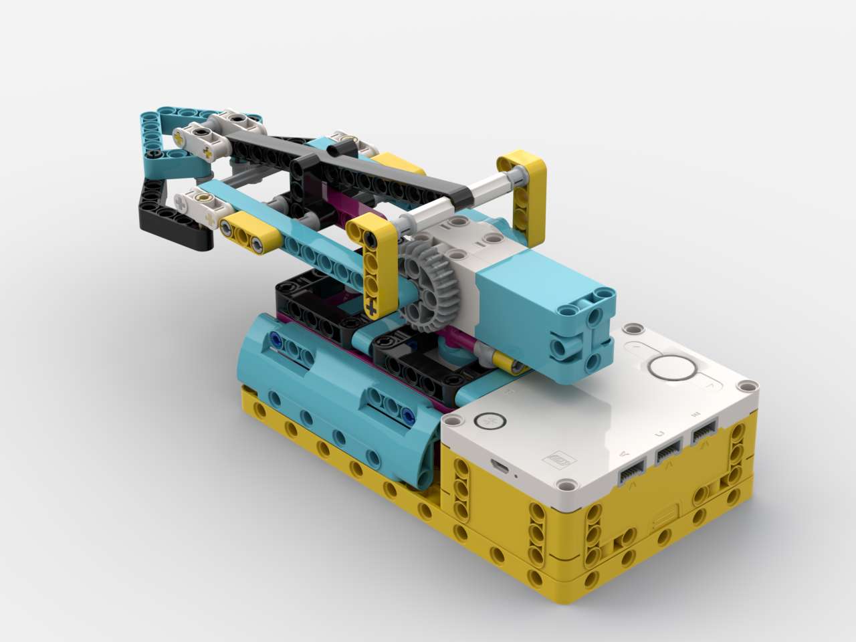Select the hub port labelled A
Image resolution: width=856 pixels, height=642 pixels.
tap(631, 473)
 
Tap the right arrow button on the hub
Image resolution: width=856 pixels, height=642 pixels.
tap(710, 384)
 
